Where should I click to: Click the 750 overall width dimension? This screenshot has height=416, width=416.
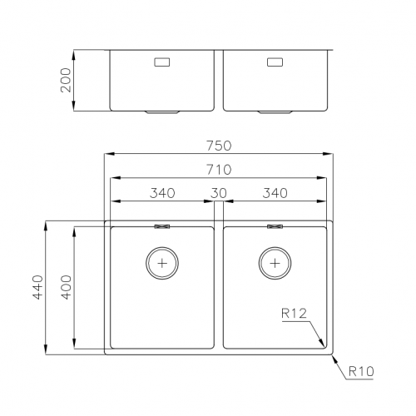tap(219, 145)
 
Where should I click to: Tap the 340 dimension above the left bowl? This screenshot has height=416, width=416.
tap(162, 193)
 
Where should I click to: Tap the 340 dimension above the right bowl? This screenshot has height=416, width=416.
tap(275, 193)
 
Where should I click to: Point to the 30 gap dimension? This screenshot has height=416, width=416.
tap(219, 193)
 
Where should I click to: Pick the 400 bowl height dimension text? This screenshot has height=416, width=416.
tap(67, 288)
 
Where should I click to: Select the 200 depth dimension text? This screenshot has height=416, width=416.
tap(67, 81)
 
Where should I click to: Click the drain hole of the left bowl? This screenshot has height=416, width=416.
tap(162, 262)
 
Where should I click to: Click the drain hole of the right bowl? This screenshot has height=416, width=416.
tap(275, 262)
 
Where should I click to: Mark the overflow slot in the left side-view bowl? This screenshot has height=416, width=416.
tap(161, 62)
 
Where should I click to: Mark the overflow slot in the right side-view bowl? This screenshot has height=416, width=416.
tap(275, 62)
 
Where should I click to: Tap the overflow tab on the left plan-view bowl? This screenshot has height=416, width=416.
tap(162, 225)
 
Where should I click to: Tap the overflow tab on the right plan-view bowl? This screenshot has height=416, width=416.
tap(275, 225)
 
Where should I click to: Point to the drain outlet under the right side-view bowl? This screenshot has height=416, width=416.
tap(275, 111)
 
